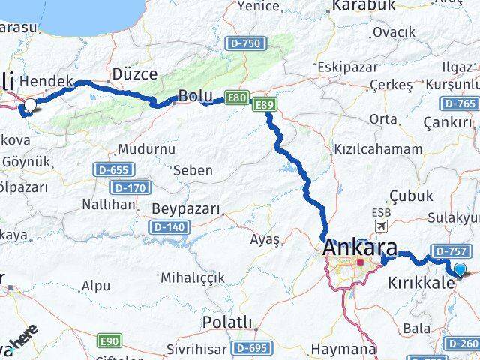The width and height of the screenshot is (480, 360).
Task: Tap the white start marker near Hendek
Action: click(x=30, y=105)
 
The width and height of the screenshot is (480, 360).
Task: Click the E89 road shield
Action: click(x=262, y=105)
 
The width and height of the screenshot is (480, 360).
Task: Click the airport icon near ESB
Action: click(x=381, y=226)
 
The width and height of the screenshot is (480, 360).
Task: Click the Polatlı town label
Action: click(x=228, y=322)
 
